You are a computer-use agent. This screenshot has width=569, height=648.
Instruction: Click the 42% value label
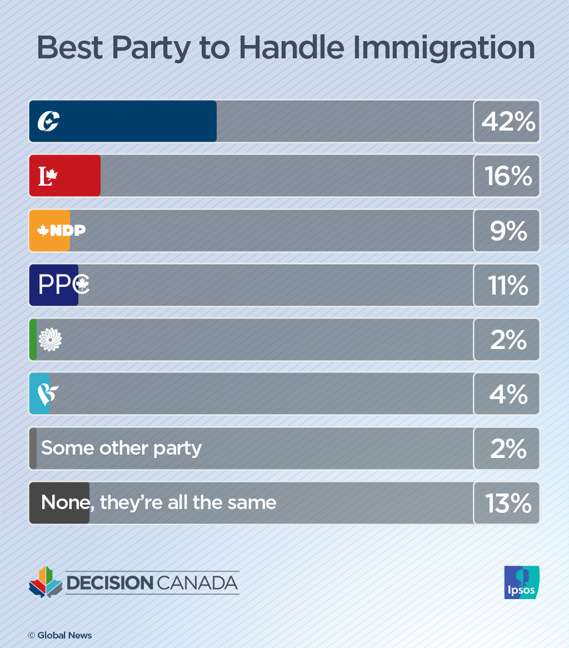coord(507,122)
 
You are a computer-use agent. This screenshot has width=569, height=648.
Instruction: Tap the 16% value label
coord(507,176)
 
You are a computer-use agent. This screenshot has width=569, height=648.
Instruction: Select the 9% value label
coord(508,231)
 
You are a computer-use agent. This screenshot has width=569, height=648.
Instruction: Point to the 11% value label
coord(508,285)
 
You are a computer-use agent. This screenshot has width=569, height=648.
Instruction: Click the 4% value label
coord(508,394)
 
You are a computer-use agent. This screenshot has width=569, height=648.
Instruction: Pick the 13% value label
coord(507,503)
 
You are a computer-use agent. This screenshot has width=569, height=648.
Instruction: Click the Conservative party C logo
coord(48,121)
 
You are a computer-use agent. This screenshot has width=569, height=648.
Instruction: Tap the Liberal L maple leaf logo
coord(48,176)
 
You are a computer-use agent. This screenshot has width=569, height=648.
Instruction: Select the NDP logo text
coord(61,231)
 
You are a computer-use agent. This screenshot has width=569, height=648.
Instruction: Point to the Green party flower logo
coord(49,339)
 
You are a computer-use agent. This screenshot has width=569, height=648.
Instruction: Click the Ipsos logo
coord(521,582)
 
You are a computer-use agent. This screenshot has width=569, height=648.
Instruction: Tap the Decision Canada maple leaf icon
coord(46,582)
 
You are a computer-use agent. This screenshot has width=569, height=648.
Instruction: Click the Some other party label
coord(121,448)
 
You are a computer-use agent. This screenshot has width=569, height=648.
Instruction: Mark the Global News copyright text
coord(60,635)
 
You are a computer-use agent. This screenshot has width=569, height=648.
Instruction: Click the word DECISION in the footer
coord(109,583)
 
